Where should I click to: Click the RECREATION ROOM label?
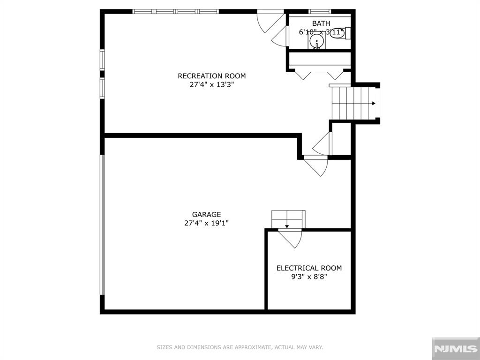click(211, 76)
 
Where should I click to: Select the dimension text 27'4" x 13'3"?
click(211, 85)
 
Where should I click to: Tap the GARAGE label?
click(206, 215)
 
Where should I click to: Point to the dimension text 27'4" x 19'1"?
click(206, 224)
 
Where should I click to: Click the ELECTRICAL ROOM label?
click(309, 268)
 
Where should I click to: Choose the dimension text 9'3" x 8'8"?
click(309, 277)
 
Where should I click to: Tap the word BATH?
click(321, 23)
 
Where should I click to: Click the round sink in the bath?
click(317, 43)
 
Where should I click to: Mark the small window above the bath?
click(320, 11)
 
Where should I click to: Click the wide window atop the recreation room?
click(176, 11)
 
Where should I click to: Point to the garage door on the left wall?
click(102, 225)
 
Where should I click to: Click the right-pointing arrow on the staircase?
click(374, 103)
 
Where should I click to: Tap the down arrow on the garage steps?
click(287, 226)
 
